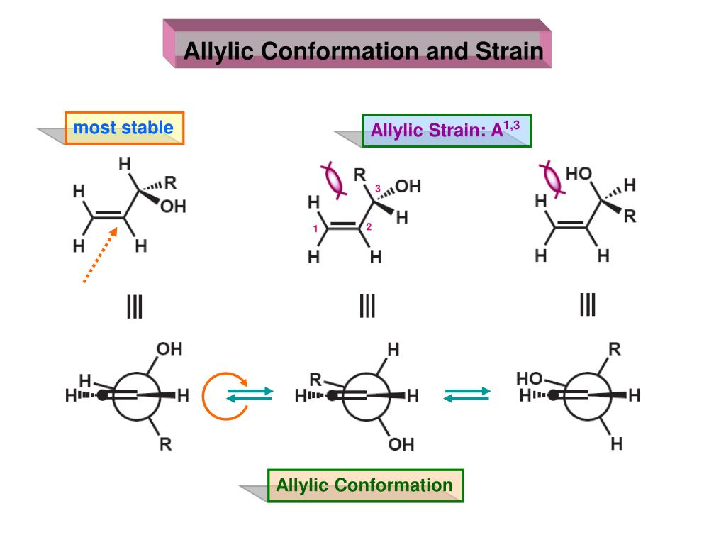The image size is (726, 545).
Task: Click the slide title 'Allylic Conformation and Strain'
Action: coord(363,51)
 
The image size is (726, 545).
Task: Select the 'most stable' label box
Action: coord(124,128)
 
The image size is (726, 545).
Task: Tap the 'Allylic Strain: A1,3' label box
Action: coord(447,131)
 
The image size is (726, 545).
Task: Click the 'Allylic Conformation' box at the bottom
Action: coord(364,485)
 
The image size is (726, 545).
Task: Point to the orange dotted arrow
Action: coord(100,255)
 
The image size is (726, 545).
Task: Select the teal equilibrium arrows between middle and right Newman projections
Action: coord(467,395)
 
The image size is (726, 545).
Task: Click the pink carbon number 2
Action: coord(369,228)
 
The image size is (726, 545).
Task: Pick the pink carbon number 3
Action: coord(378,188)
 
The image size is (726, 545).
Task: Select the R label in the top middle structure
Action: coord(359,174)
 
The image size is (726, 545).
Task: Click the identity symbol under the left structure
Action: coord(134,307)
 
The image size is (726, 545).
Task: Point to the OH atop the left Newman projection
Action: coord(169,349)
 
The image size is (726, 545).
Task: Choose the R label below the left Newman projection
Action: coord(165,446)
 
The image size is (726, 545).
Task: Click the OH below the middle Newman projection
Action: coord(401,446)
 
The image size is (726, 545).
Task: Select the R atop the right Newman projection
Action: coord(615,349)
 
